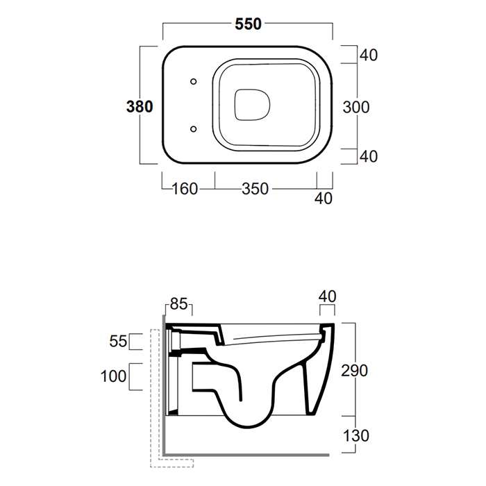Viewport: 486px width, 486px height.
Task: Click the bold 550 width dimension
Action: [x=248, y=24]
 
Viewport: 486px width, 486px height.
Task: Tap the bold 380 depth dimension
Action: [x=140, y=107]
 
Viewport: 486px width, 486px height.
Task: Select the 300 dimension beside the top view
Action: [x=356, y=107]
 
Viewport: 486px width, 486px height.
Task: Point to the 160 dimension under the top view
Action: [x=185, y=189]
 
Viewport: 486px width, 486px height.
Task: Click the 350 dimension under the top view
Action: [x=255, y=189]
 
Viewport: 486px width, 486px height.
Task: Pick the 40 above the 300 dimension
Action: [x=369, y=55]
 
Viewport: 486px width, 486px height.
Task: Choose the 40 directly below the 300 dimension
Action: [x=369, y=156]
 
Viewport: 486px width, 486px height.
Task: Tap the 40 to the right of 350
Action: [x=324, y=199]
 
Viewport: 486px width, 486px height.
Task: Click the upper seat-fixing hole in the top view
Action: [x=194, y=81]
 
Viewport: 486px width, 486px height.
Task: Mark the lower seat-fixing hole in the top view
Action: [x=194, y=128]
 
